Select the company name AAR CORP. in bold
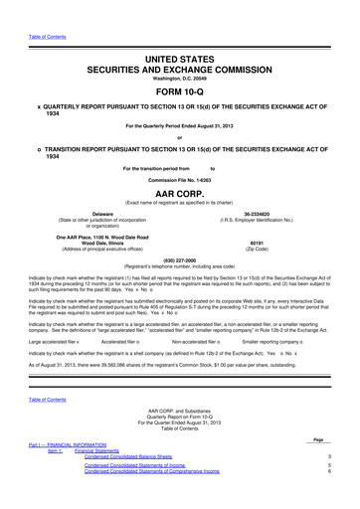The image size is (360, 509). tap(179, 196)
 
